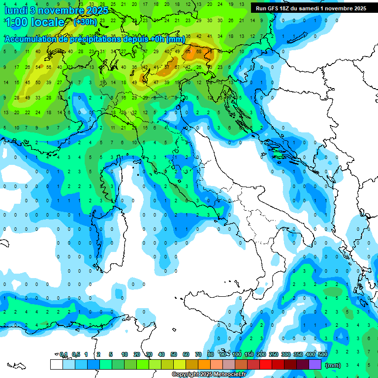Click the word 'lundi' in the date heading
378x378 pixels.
tap(16, 10)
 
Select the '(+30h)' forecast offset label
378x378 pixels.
tap(85, 22)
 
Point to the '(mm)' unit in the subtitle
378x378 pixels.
tap(176, 39)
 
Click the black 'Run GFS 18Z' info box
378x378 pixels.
tap(311, 8)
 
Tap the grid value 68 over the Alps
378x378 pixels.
tap(198, 51)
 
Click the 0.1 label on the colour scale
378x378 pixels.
tap(63, 354)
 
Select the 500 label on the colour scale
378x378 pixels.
tap(323, 354)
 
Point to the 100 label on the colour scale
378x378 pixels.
tap(237, 354)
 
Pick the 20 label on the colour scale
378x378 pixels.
tap(136, 354)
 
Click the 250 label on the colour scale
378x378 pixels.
tap(274, 354)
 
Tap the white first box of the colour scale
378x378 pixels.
tap(56, 364)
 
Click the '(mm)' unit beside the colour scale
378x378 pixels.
tap(333, 365)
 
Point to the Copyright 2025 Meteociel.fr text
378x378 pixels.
tap(209, 375)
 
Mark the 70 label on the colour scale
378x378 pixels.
tap(198, 354)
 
